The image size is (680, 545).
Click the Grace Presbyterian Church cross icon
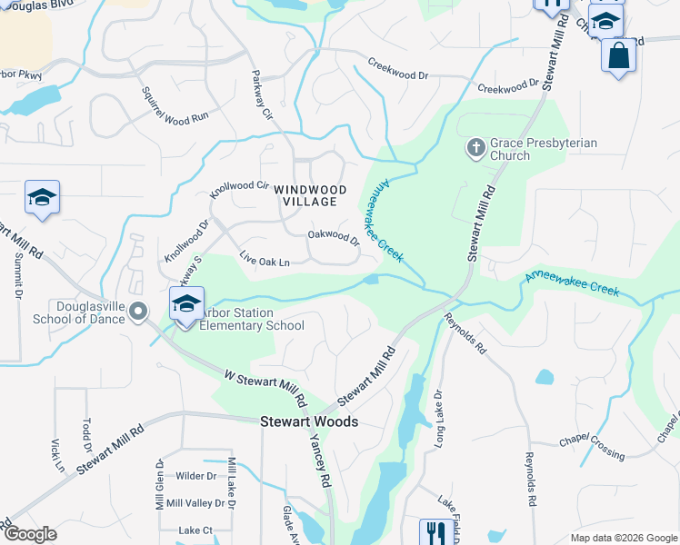pos(475,147)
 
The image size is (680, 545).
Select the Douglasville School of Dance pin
pos(138,312)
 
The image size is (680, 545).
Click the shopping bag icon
pos(618,55)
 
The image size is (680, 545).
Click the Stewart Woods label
pos(309,421)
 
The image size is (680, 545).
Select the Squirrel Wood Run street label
pos(175,104)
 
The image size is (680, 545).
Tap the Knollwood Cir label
pos(240,190)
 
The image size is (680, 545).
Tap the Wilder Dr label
pos(196,476)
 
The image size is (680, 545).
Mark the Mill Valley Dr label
pos(195,502)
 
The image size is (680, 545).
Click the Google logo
pos(30,534)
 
